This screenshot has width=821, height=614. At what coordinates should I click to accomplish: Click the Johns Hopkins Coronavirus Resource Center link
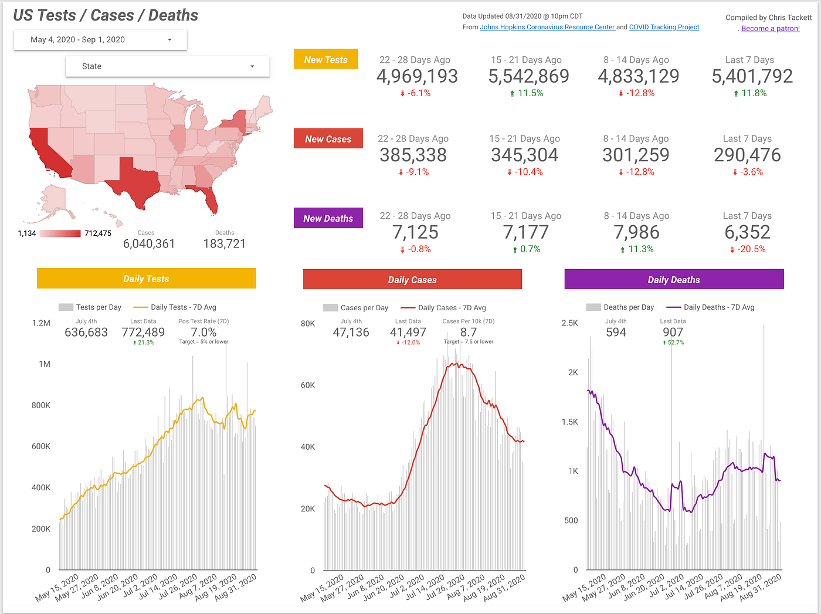click(547, 27)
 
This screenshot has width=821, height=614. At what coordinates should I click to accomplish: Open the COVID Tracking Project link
click(664, 27)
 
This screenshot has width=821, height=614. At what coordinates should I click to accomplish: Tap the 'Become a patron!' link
click(770, 28)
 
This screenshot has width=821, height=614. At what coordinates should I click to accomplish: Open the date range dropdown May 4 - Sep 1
click(100, 40)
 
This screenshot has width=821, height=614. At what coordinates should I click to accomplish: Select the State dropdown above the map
click(167, 66)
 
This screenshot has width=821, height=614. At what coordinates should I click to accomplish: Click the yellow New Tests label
click(325, 60)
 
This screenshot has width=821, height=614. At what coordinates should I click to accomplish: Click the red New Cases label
click(328, 139)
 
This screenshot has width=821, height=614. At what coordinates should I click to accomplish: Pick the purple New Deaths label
click(328, 218)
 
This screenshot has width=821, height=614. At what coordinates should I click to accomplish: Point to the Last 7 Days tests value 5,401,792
click(752, 76)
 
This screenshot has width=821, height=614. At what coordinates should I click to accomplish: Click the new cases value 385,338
click(413, 155)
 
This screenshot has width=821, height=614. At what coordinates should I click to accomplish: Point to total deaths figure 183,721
click(224, 244)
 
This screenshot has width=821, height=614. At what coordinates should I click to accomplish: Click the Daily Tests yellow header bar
click(146, 279)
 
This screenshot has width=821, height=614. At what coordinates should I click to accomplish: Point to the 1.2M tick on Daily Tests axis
click(41, 323)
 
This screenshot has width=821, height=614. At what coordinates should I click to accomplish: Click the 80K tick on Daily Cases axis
click(308, 324)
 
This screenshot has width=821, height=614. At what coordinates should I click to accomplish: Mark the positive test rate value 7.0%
click(203, 333)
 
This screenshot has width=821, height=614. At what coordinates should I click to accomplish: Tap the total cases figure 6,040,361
click(149, 244)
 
